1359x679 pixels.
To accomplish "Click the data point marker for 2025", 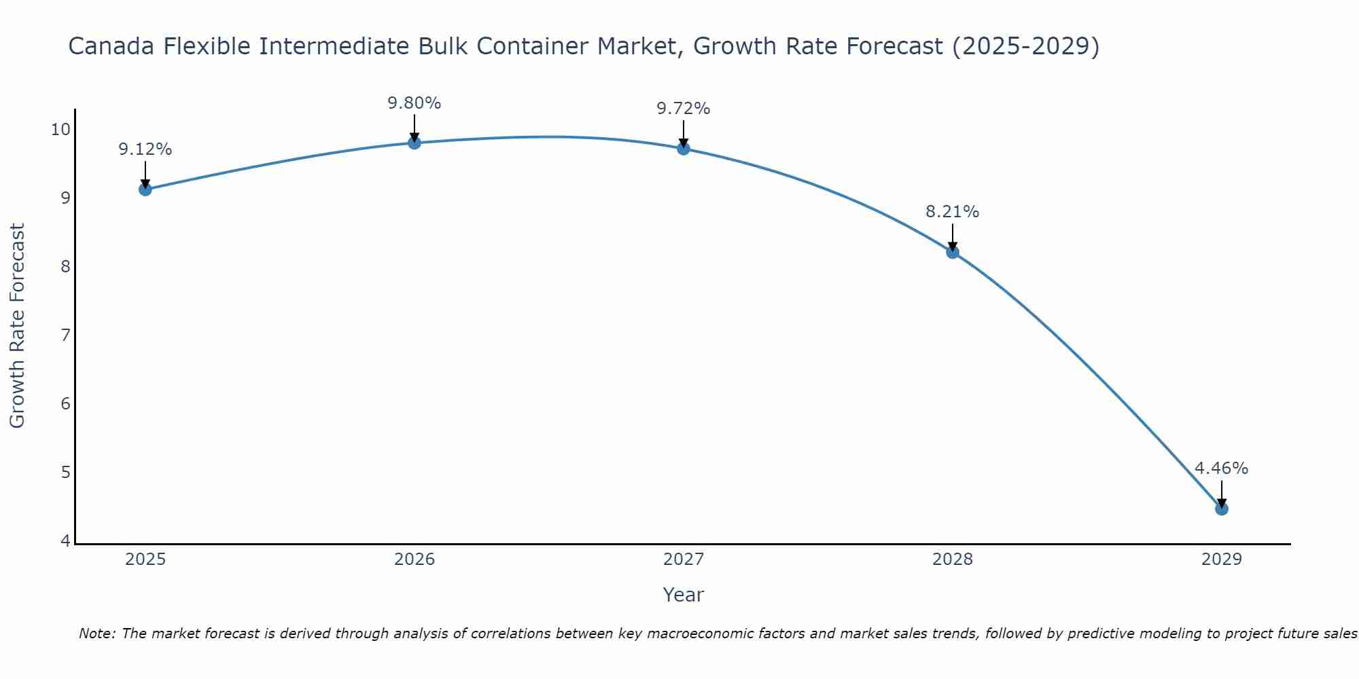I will click(x=145, y=189).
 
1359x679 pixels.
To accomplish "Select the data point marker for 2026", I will click(x=414, y=143).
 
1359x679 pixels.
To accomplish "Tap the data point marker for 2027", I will click(x=684, y=149).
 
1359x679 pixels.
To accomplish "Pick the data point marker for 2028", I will click(x=953, y=253).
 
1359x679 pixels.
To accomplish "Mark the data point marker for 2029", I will click(x=1222, y=509).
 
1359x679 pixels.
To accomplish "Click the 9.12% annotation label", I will click(x=145, y=149).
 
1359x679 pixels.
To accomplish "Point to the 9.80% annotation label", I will click(x=414, y=103).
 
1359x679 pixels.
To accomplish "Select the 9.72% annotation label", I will click(x=684, y=109).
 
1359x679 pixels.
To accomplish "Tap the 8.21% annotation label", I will click(x=953, y=212).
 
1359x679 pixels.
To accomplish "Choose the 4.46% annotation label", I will click(x=1222, y=469).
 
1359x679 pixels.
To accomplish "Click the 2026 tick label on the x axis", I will click(x=414, y=559).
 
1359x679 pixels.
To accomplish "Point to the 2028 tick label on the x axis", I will click(x=953, y=559).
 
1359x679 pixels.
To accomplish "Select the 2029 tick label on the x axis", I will click(x=1222, y=559).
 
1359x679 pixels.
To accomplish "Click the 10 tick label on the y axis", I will click(x=60, y=129).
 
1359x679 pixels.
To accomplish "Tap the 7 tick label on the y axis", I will click(x=65, y=335).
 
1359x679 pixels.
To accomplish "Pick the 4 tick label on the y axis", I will click(x=65, y=541).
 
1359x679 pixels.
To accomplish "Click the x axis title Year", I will click(x=684, y=595).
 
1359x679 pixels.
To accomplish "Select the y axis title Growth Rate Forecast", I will click(x=18, y=326).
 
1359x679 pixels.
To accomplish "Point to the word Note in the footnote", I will click(x=96, y=634).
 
